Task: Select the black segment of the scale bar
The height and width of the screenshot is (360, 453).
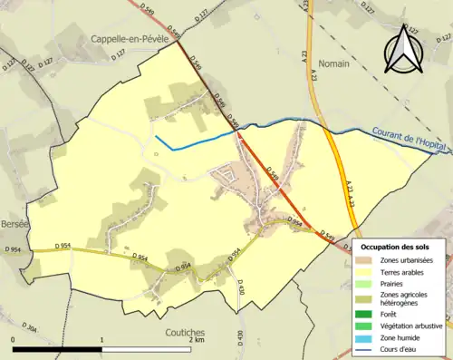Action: [x=56, y=348]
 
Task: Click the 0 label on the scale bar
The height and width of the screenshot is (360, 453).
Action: [x=14, y=339]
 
